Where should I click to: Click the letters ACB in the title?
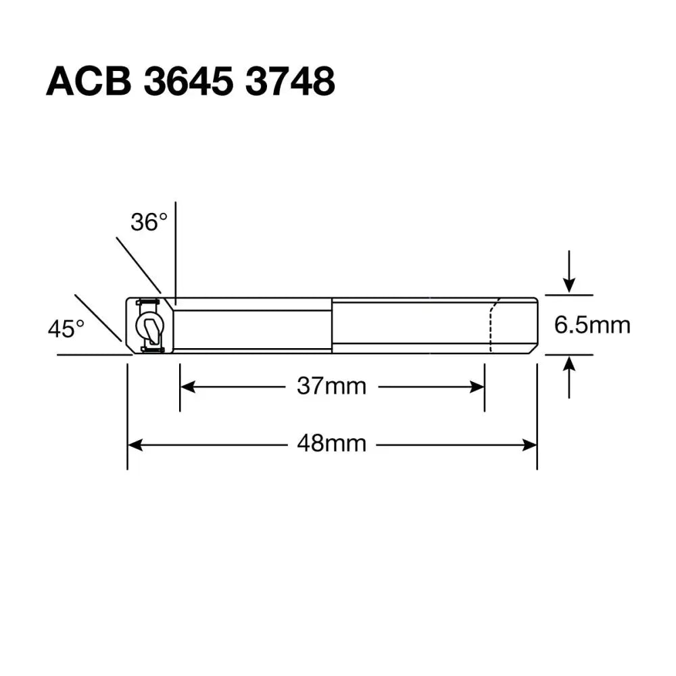(88, 82)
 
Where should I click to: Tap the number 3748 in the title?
(290, 82)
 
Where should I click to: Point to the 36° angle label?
(149, 222)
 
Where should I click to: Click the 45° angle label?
(66, 329)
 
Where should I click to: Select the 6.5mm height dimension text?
(592, 325)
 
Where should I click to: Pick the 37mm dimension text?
(331, 387)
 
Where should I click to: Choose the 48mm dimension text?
(331, 444)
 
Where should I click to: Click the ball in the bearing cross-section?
(148, 325)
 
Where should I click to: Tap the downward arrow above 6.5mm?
(569, 283)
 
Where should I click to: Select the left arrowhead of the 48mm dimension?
(135, 444)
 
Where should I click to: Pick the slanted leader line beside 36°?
(138, 264)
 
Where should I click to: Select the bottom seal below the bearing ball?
(151, 349)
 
